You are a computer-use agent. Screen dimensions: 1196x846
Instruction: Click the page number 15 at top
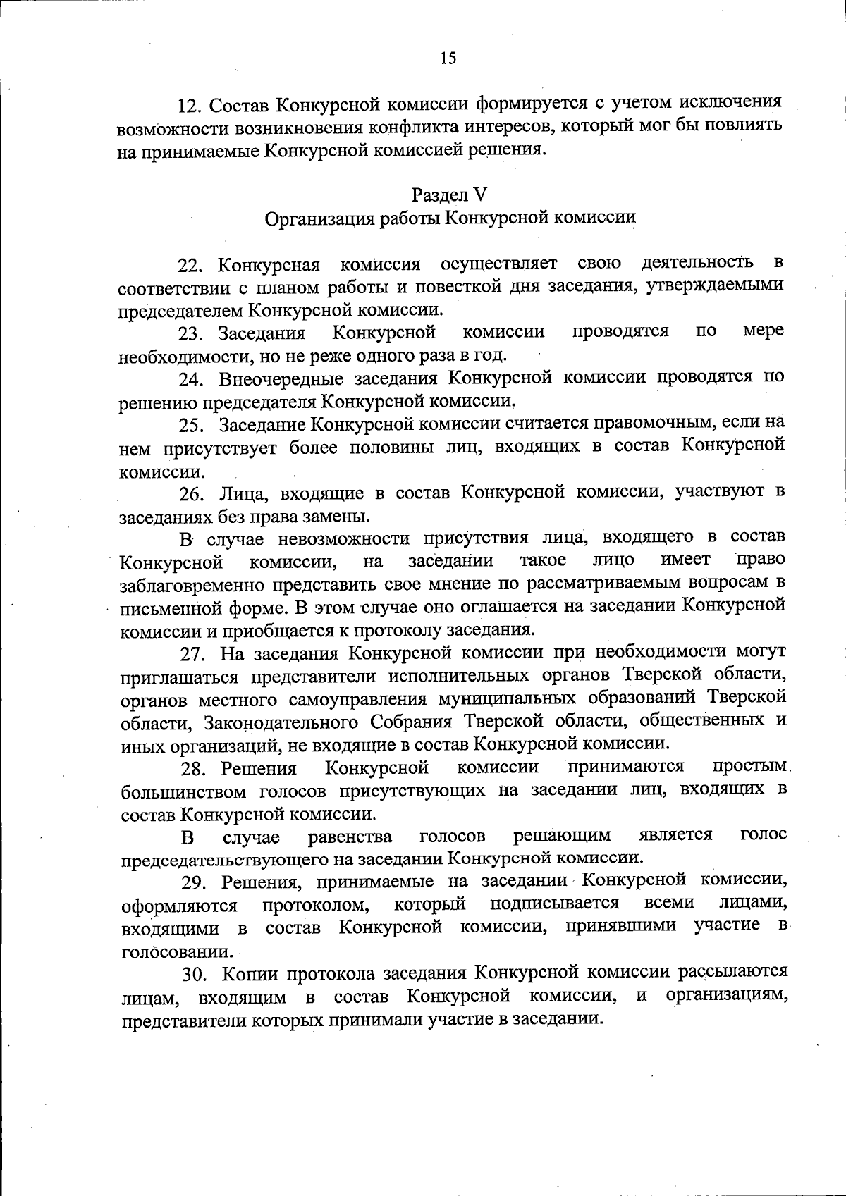pyautogui.click(x=448, y=58)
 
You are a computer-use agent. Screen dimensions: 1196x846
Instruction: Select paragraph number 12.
pyautogui.click(x=189, y=106)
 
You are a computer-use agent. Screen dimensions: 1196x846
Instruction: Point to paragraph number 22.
pyautogui.click(x=190, y=266)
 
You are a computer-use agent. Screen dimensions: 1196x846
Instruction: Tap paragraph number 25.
pyautogui.click(x=191, y=426)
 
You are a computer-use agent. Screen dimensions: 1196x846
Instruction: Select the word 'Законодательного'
pyautogui.click(x=282, y=723)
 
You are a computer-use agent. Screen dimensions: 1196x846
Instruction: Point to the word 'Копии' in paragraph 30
pyautogui.click(x=245, y=975)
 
